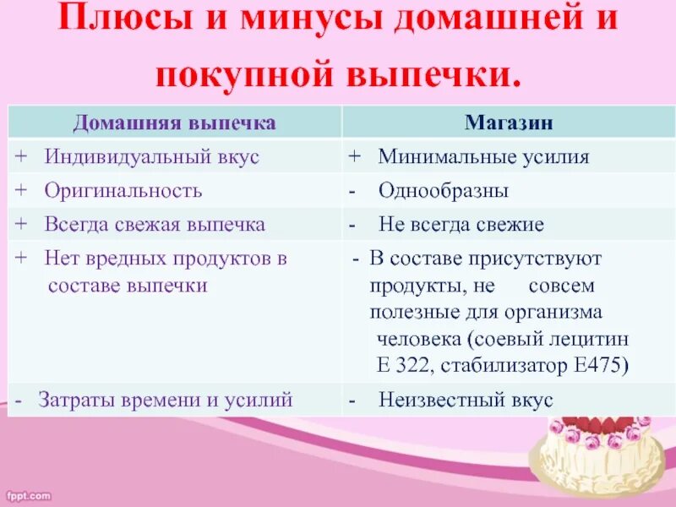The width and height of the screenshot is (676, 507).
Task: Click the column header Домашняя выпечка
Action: [174, 123]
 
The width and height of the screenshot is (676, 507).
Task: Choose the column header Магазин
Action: [509, 123]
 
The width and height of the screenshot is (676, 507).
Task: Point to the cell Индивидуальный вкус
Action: [151, 156]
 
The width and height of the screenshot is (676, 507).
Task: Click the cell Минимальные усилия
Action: [483, 156]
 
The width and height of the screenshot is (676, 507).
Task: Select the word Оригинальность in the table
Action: [123, 190]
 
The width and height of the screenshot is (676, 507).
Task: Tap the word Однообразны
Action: [443, 191]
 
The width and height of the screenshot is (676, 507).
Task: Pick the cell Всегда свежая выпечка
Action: [155, 225]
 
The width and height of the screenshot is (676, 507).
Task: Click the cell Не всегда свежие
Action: [461, 225]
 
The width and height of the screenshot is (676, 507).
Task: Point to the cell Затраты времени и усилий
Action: [165, 400]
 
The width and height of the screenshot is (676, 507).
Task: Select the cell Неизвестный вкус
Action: [466, 400]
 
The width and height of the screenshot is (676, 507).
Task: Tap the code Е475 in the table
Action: [601, 366]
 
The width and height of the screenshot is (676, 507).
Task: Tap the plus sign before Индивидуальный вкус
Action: [20, 156]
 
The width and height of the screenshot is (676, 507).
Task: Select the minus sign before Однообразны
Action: [352, 191]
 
